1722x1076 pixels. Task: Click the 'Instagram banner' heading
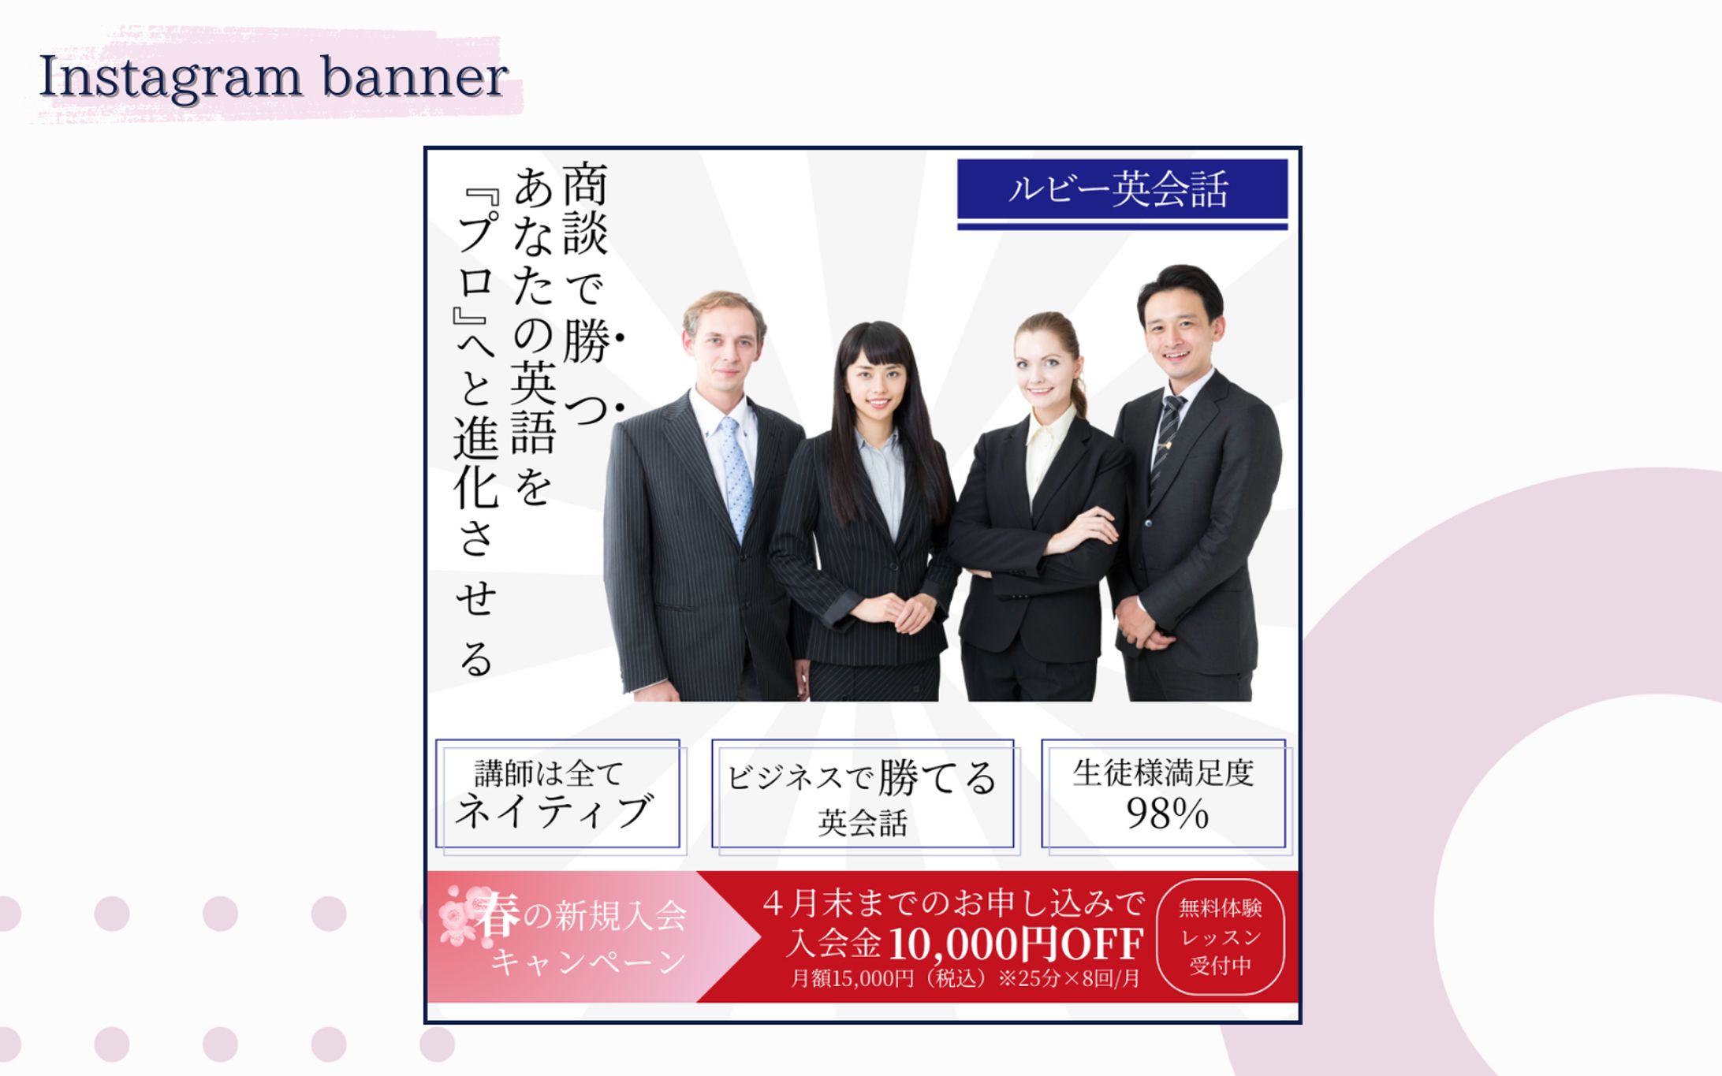tap(273, 77)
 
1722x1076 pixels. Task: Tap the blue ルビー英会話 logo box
tap(1121, 189)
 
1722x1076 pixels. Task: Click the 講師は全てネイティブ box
tap(558, 793)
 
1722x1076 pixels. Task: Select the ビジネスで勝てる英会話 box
tap(863, 795)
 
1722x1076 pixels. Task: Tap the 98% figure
tap(1167, 814)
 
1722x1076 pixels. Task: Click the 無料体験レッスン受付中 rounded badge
tap(1220, 937)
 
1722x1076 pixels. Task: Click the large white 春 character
tap(498, 915)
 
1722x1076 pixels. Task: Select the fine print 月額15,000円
tap(852, 979)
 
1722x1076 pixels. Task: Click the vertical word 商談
tap(585, 209)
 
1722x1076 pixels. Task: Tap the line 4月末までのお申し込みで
tap(952, 903)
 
